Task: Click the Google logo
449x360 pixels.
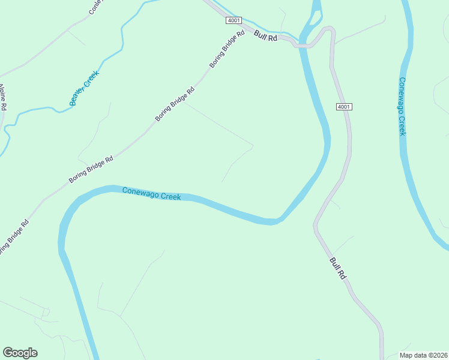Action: (20, 353)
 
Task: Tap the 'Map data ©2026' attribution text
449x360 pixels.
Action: (423, 355)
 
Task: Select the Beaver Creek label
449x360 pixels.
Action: (83, 88)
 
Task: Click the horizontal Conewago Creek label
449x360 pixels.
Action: (151, 194)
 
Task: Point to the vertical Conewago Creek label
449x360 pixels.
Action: (402, 106)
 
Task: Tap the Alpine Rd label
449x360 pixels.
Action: (2, 97)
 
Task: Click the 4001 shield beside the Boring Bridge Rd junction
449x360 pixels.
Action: (234, 20)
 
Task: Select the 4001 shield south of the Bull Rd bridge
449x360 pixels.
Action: (343, 107)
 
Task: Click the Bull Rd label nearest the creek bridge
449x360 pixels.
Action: (265, 36)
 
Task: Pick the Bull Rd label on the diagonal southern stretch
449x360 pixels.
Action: (338, 268)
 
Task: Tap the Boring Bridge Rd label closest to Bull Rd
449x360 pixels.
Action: (228, 49)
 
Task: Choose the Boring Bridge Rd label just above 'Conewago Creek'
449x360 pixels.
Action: (91, 170)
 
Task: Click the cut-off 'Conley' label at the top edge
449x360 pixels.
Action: (96, 6)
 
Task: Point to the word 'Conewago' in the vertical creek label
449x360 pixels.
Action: (402, 96)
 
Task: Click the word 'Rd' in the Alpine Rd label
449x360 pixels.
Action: (4, 106)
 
